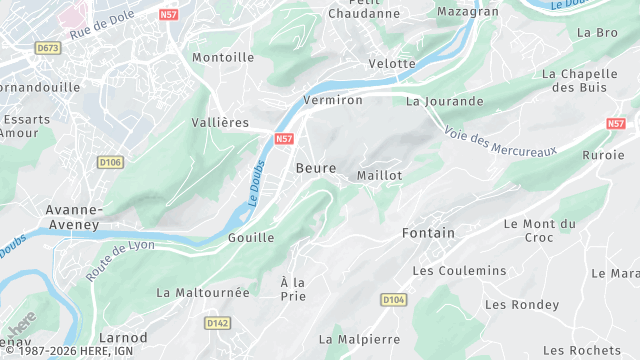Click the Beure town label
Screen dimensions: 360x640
pyautogui.click(x=315, y=169)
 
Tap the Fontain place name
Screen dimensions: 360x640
pyautogui.click(x=428, y=233)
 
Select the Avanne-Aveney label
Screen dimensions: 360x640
pyautogui.click(x=73, y=217)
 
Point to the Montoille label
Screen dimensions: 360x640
pyautogui.click(x=223, y=57)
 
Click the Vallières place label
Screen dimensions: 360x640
pyautogui.click(x=219, y=122)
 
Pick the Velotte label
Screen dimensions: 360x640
pyautogui.click(x=392, y=63)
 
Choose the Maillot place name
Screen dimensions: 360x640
pyautogui.click(x=379, y=175)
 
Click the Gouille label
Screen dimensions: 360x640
pyautogui.click(x=251, y=237)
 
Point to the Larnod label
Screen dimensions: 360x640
pyautogui.click(x=124, y=337)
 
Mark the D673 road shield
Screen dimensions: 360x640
pyautogui.click(x=47, y=47)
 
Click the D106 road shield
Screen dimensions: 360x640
pyautogui.click(x=110, y=161)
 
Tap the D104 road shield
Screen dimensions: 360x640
pyautogui.click(x=392, y=299)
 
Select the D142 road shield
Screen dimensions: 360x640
pyautogui.click(x=217, y=322)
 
